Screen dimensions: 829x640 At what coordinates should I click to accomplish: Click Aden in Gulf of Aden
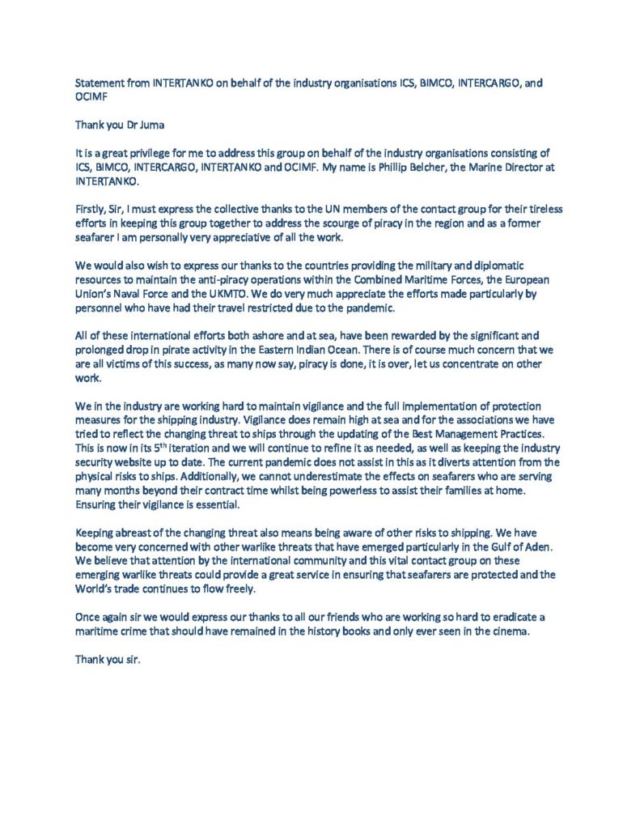tap(538, 547)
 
